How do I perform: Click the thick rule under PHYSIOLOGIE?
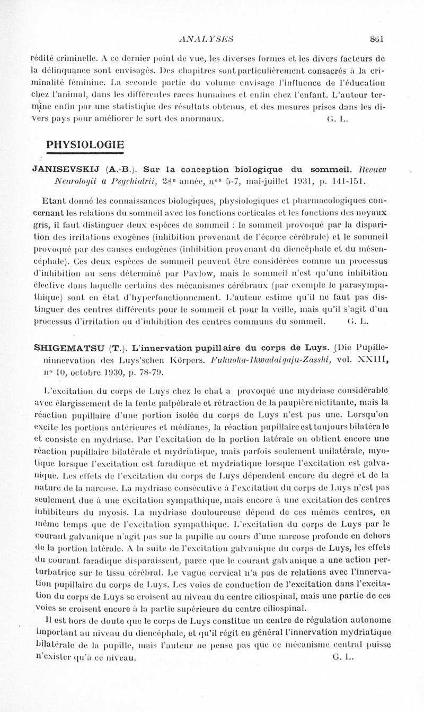coord(85,153)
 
